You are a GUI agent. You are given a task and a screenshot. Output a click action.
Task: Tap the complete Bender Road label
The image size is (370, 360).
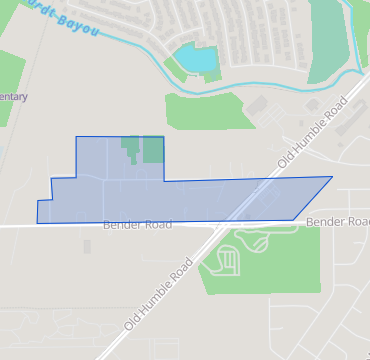click(x=135, y=226)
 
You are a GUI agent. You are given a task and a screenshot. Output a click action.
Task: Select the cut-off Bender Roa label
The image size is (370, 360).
click(x=337, y=221)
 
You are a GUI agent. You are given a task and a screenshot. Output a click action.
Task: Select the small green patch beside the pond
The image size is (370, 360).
click(x=176, y=67)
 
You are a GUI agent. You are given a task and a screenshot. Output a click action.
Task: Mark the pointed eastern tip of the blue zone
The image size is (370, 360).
click(x=331, y=177)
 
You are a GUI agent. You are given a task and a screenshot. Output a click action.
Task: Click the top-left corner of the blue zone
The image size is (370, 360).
click(x=77, y=136)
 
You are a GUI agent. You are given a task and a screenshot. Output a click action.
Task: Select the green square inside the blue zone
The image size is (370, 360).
click(x=153, y=150)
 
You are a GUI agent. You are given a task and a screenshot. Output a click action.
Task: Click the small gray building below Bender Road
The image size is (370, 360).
click(x=87, y=246)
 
